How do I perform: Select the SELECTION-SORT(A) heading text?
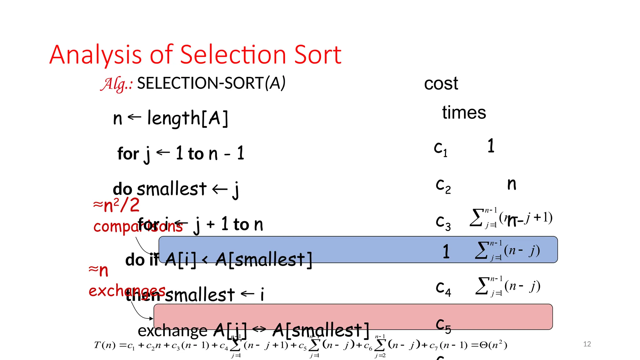point(211,83)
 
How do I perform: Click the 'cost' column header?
point(441,84)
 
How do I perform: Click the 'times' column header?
point(464,112)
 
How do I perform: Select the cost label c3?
point(443,222)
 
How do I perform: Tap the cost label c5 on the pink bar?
point(443,325)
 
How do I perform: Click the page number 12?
point(587,344)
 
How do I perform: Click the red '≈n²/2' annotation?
point(116,205)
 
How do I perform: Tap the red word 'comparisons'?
point(137,226)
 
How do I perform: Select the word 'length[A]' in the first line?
point(187,118)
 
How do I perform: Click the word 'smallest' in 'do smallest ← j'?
point(172,189)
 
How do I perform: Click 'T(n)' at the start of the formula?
point(105,345)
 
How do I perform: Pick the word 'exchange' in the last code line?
point(172,331)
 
